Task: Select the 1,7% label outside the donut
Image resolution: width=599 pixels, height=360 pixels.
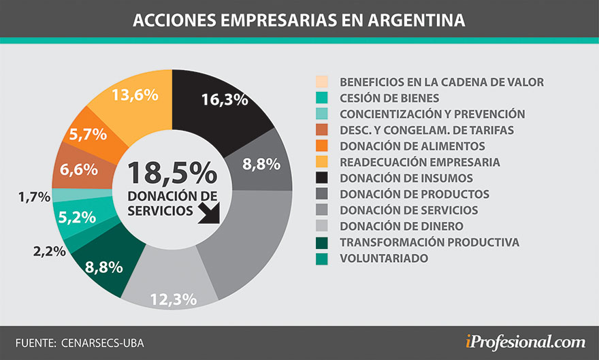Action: pos(34,197)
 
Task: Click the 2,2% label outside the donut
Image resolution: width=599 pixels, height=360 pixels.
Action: pos(48,251)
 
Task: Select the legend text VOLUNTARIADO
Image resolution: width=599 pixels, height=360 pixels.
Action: pos(383,259)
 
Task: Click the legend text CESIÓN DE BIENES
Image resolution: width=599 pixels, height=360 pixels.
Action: pos(389,98)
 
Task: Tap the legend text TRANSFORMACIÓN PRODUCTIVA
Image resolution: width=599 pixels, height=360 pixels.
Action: pos(429,242)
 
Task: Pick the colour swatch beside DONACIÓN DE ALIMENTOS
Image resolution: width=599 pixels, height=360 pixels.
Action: pos(323,146)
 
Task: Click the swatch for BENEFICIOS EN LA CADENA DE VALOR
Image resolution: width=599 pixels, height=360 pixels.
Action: pos(323,82)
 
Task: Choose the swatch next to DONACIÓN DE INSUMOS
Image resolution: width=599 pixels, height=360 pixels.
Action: pos(323,178)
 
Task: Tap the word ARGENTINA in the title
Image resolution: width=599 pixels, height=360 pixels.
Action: pos(416,20)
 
